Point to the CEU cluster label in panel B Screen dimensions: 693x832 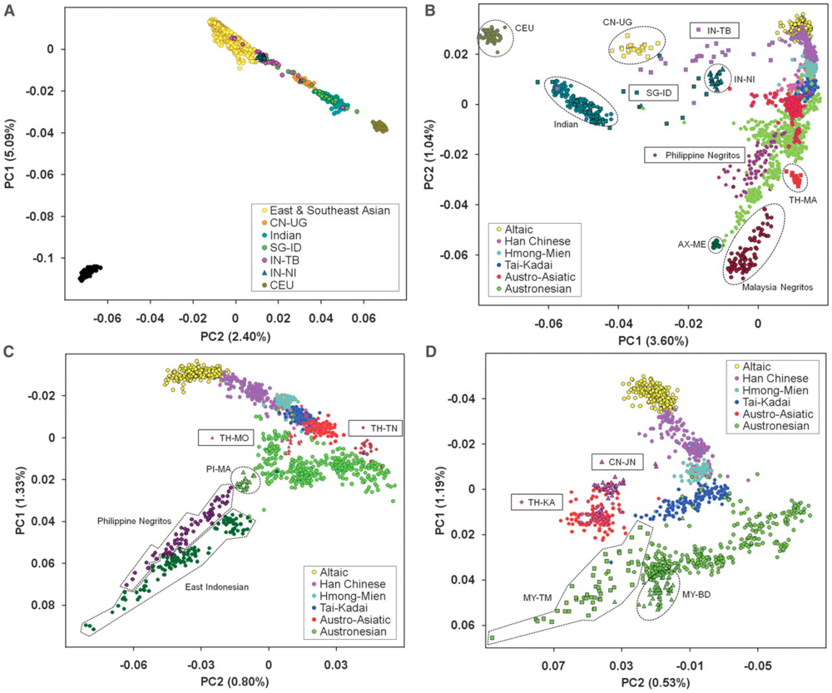pyautogui.click(x=527, y=27)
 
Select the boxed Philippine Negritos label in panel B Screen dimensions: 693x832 pyautogui.click(x=696, y=155)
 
